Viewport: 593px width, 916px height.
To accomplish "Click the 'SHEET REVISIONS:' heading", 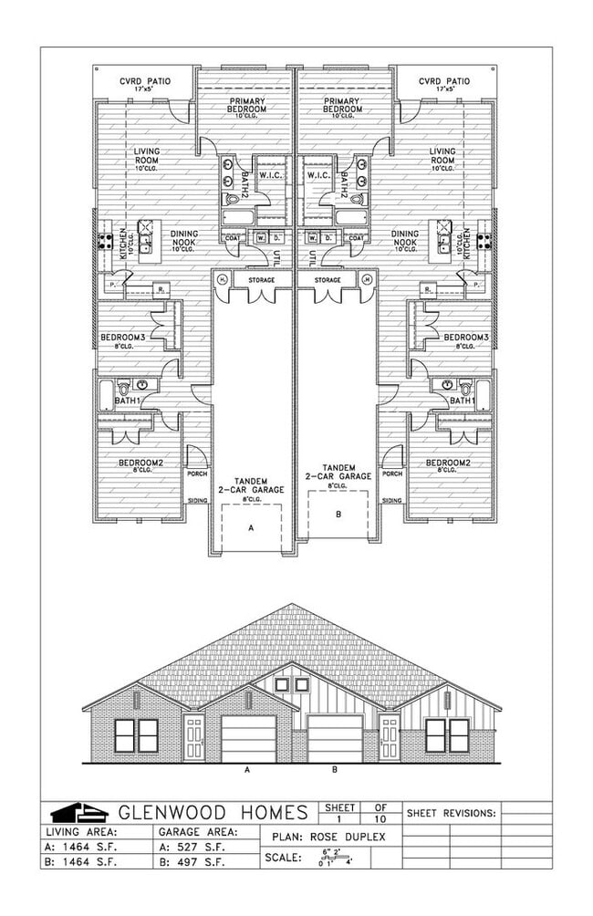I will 451,811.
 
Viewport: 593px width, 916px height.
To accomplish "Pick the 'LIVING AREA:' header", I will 81,831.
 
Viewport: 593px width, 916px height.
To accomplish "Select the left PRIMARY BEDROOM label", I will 246,104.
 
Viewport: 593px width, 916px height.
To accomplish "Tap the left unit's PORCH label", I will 197,474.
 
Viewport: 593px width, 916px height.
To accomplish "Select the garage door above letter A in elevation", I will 249,737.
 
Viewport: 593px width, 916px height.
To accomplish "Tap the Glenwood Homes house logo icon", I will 72,812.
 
